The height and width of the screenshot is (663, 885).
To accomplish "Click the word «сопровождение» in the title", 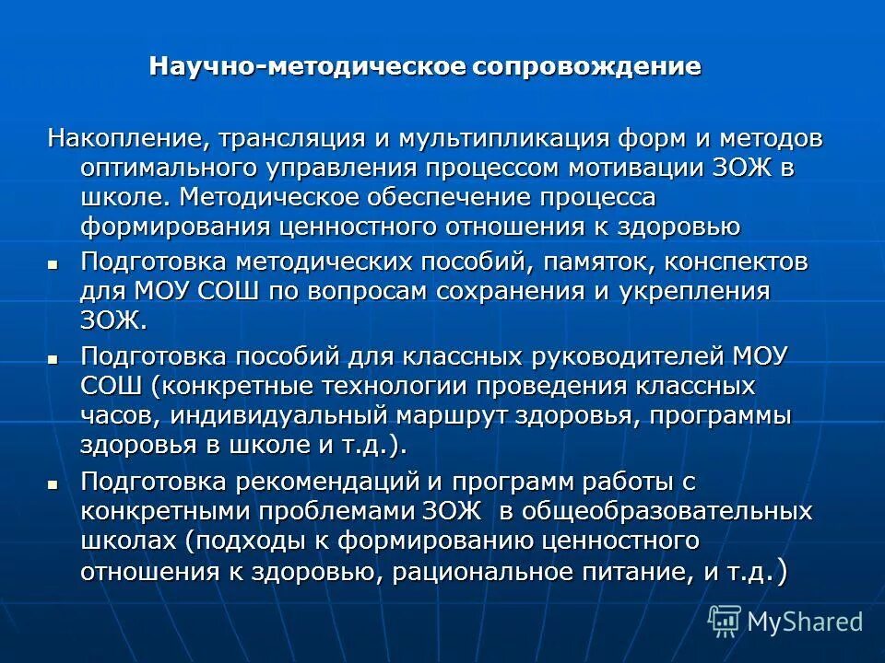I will point(586,67).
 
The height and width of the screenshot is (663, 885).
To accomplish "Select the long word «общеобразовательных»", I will point(660,511).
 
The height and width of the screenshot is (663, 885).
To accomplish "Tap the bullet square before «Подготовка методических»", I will point(52,263).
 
